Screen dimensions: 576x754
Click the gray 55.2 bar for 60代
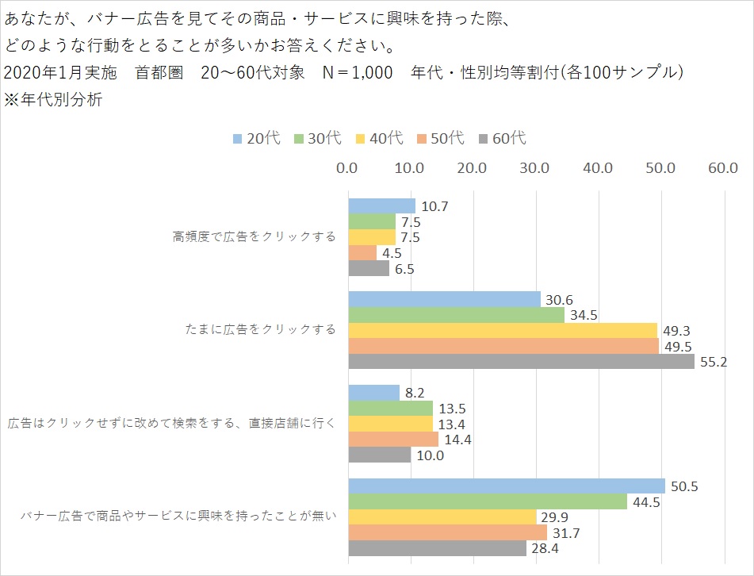click(x=522, y=361)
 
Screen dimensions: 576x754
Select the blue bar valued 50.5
click(x=507, y=486)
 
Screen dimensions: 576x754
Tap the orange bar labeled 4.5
click(x=362, y=253)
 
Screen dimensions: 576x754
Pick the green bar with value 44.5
click(x=488, y=501)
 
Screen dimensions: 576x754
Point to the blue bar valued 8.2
click(x=374, y=393)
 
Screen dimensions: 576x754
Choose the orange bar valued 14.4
click(x=393, y=439)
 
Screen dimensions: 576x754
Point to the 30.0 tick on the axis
click(x=535, y=168)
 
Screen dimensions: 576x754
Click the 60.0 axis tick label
click(x=723, y=168)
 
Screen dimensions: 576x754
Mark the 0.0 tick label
click(x=347, y=168)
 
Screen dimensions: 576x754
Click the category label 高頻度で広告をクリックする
click(x=254, y=236)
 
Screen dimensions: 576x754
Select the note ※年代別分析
click(x=52, y=101)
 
